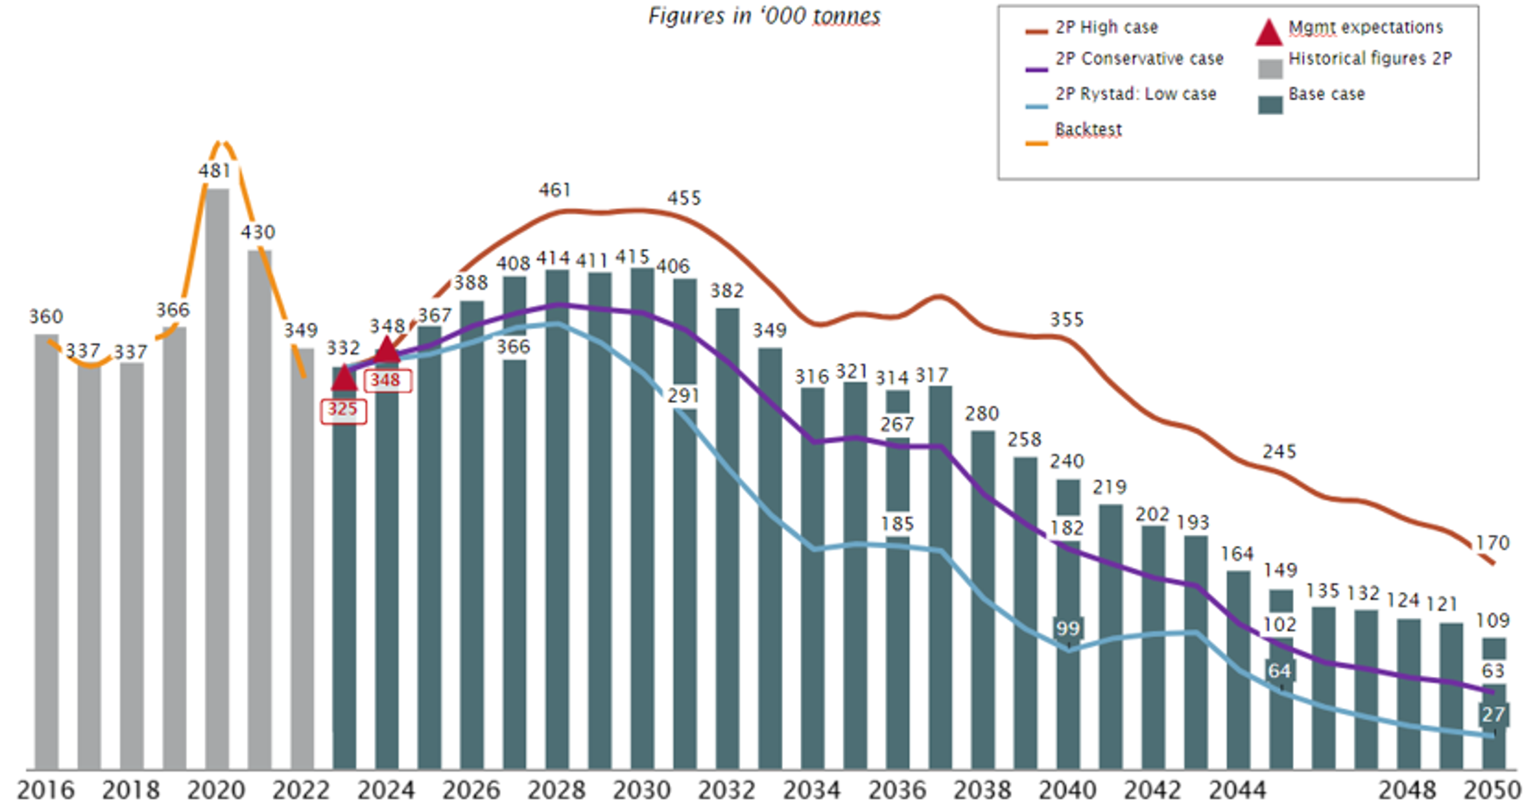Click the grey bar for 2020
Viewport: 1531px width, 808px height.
pyautogui.click(x=217, y=476)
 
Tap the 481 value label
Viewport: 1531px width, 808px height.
pyautogui.click(x=214, y=171)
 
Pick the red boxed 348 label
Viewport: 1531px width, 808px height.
pyautogui.click(x=386, y=380)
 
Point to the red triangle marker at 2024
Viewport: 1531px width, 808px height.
pyautogui.click(x=387, y=350)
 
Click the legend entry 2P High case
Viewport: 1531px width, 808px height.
pyautogui.click(x=1106, y=28)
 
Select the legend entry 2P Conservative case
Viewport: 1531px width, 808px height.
pyautogui.click(x=1139, y=59)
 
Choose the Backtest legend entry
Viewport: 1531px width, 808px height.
pyautogui.click(x=1088, y=130)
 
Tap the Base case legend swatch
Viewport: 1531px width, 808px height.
pyautogui.click(x=1270, y=104)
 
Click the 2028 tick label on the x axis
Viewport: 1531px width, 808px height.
pyautogui.click(x=556, y=790)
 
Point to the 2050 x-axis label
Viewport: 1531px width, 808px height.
pyautogui.click(x=1492, y=790)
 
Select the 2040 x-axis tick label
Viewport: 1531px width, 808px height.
pyautogui.click(x=1067, y=790)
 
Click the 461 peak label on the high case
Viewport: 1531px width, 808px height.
pyautogui.click(x=555, y=190)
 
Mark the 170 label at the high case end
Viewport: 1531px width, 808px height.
pyautogui.click(x=1492, y=543)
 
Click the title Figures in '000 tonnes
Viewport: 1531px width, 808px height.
pyautogui.click(x=764, y=16)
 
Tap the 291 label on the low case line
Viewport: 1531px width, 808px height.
pyautogui.click(x=683, y=395)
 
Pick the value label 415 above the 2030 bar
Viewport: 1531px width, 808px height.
pyautogui.click(x=632, y=257)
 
